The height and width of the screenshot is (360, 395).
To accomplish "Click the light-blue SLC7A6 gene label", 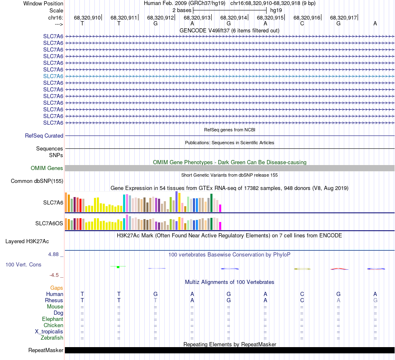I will click(53, 76).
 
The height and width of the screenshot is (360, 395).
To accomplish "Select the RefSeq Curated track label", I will click(44, 136).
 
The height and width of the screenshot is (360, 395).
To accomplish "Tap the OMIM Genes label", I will click(47, 168).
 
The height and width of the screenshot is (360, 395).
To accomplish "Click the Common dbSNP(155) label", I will click(37, 181).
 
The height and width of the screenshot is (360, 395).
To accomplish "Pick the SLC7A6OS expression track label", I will click(49, 223).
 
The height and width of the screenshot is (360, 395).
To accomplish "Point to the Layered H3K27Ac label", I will click(33, 241).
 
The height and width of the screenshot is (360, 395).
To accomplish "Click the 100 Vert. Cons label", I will click(23, 264).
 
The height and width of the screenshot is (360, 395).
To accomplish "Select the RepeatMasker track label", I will click(45, 350).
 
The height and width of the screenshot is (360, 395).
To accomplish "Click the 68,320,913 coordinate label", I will click(197, 18).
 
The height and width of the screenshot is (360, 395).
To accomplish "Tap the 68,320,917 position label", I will click(343, 18).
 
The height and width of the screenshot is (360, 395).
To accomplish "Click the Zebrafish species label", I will click(52, 338).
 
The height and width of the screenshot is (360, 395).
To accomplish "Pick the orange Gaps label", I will click(57, 288).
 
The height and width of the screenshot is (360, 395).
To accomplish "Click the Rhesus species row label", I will click(54, 300).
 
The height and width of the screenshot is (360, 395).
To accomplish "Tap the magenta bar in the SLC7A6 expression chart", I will click(220, 208).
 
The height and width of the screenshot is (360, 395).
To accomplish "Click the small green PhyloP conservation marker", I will click(118, 267).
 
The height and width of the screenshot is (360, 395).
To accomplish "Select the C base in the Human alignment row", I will click(302, 294).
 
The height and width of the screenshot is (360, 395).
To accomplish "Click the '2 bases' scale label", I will click(181, 10).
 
